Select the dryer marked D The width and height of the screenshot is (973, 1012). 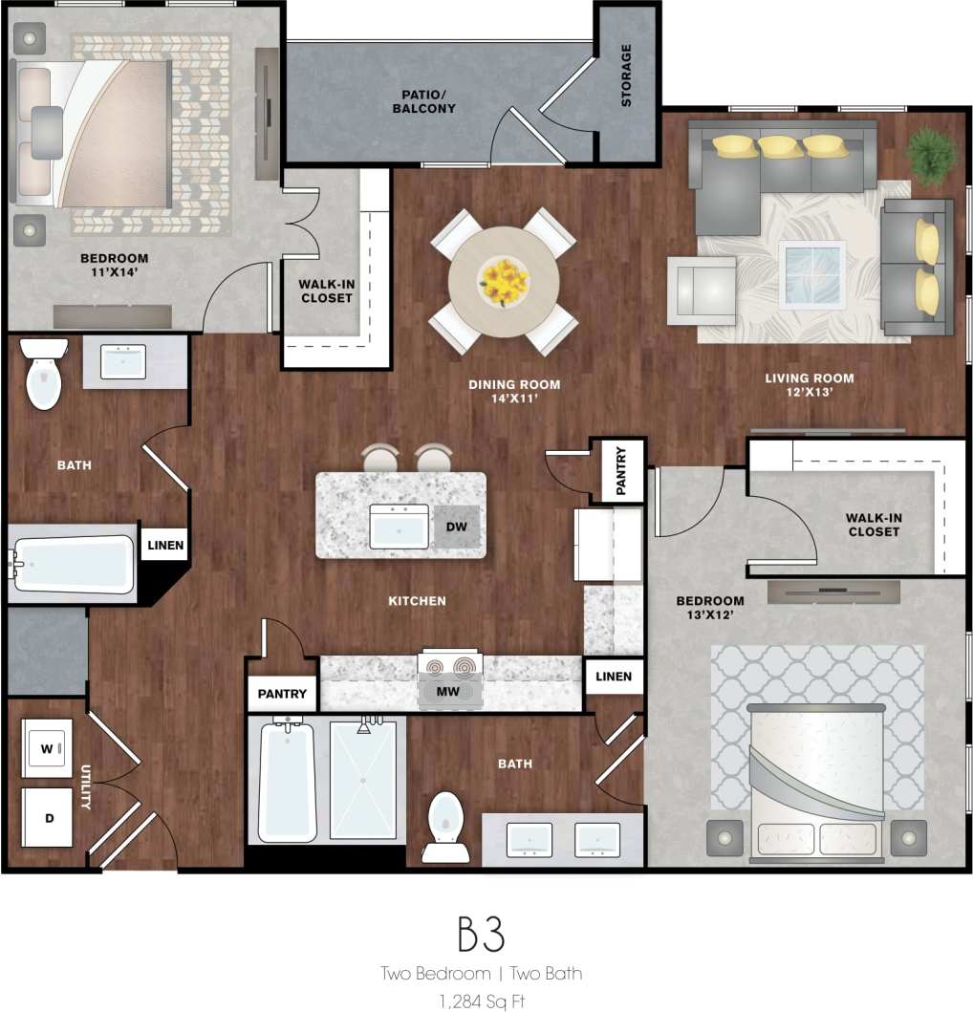click(47, 817)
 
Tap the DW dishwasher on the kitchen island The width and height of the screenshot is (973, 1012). click(456, 527)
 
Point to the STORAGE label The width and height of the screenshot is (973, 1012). click(627, 75)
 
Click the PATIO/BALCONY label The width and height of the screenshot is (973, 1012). click(423, 101)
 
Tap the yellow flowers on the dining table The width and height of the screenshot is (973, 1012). click(504, 279)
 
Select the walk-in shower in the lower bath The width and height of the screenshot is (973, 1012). click(363, 780)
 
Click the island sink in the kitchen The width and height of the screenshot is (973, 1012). click(400, 527)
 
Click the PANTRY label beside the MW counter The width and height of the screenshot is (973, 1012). click(282, 695)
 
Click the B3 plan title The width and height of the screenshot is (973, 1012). click(481, 934)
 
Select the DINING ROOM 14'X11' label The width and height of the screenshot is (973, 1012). click(514, 392)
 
